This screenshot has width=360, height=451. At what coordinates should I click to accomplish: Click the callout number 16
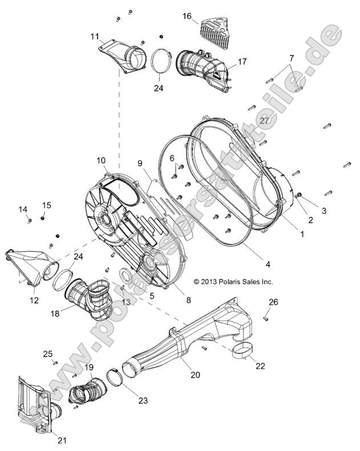[187, 17]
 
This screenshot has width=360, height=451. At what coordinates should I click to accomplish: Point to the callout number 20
[179, 375]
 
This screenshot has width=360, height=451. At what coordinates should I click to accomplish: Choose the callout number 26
[273, 301]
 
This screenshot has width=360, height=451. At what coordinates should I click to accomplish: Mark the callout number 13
[126, 301]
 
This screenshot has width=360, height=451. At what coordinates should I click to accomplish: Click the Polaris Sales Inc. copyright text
[233, 281]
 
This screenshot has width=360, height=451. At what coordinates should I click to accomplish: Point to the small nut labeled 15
[43, 218]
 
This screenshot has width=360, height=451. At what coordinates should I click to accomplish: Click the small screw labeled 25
[55, 363]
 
